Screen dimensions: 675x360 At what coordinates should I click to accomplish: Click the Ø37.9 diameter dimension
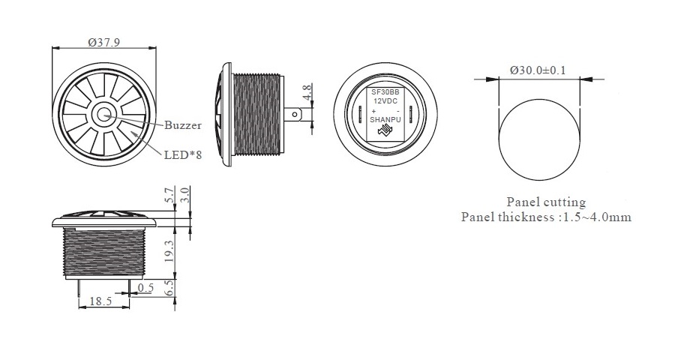(103, 42)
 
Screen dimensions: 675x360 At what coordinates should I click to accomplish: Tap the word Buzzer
(183, 125)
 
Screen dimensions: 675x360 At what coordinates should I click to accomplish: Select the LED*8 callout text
(183, 154)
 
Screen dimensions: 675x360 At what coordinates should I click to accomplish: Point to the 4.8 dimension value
(307, 92)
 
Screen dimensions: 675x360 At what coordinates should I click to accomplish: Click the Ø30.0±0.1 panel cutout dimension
(538, 70)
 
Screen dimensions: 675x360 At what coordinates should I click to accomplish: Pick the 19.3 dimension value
(169, 251)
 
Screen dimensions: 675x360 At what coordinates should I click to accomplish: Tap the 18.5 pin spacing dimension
(100, 301)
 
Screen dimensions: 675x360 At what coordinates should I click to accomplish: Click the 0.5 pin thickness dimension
(145, 287)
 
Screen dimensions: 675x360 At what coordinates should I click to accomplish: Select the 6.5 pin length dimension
(169, 288)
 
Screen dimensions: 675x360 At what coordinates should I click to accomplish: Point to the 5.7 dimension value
(169, 195)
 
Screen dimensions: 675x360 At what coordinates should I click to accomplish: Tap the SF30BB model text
(385, 92)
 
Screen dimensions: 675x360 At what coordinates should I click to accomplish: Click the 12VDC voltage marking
(385, 100)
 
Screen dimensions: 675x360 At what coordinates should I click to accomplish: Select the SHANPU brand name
(385, 120)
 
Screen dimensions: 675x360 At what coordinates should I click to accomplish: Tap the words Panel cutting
(546, 202)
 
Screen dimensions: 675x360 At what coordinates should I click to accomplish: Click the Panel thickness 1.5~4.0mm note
(546, 217)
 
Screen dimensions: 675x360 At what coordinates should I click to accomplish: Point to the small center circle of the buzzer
(103, 115)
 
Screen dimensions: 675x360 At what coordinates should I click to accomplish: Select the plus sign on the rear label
(373, 111)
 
